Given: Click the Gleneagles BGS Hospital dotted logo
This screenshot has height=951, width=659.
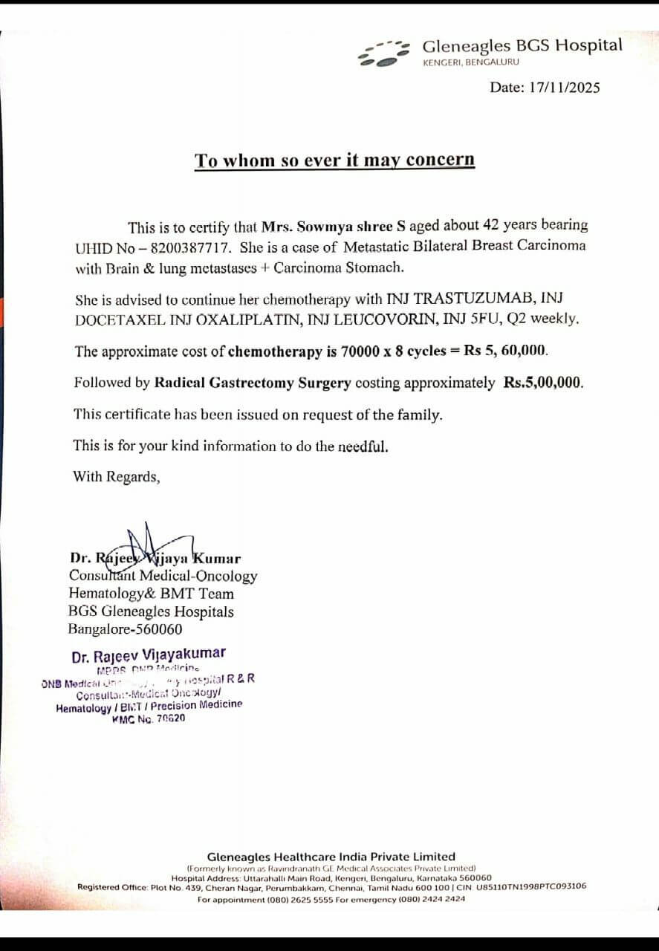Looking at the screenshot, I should tap(384, 53).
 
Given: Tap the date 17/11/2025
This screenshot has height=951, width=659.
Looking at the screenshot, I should tap(564, 88).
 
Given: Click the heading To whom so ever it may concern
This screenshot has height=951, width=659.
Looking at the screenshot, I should tap(334, 160).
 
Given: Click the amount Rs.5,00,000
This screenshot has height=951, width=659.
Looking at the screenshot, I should tap(543, 383).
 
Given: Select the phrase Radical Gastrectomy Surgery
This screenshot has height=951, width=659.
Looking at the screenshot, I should tap(253, 383).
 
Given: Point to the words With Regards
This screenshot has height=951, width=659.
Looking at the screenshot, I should tap(116, 477).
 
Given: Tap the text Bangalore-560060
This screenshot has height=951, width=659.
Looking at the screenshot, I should tap(125, 630).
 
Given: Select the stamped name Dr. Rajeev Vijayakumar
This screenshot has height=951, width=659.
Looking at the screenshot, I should tap(149, 655).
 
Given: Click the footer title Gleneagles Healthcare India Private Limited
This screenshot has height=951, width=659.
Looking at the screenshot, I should tap(331, 857).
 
